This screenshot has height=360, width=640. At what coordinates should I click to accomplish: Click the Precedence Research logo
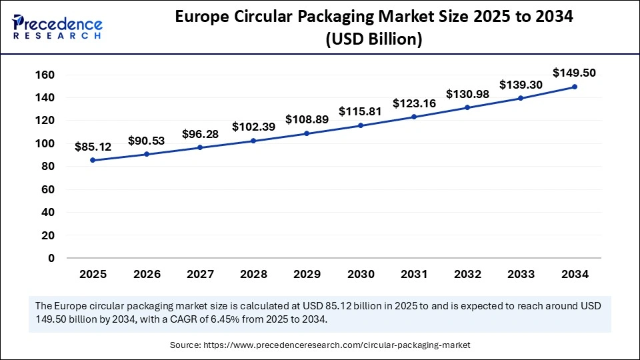57,25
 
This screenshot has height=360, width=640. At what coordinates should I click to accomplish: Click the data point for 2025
92,160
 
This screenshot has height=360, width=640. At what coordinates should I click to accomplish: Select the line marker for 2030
360,125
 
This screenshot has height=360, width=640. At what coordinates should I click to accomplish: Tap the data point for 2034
574,87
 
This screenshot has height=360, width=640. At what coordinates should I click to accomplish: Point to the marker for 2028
253,141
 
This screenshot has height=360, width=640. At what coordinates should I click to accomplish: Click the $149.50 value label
574,73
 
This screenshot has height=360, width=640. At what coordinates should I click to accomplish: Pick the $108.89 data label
306,119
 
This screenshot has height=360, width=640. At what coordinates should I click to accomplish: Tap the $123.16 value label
413,103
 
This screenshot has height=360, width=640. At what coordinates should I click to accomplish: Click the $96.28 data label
199,134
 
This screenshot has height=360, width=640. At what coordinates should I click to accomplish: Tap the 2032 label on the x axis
467,274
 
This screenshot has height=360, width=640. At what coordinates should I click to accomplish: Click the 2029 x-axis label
306,274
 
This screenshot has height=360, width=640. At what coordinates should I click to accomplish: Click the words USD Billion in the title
373,40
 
